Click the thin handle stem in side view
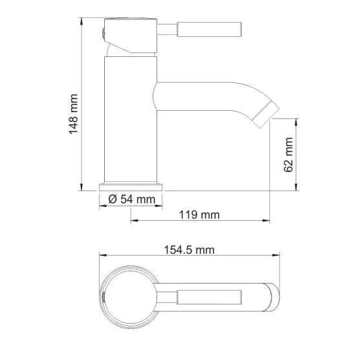point(167,29)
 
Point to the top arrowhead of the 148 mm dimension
point(82,20)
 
